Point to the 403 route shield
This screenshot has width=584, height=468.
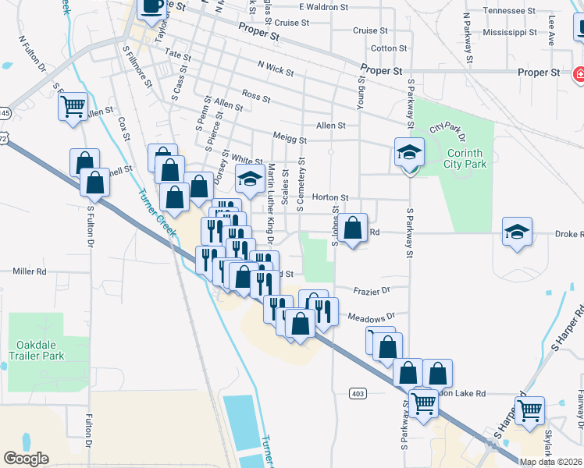[x=358, y=393]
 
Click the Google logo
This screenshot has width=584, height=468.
[x=26, y=458]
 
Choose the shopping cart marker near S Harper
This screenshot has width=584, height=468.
[x=530, y=409]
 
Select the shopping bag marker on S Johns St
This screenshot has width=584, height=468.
[x=353, y=229]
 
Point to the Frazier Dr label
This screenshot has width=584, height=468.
[x=370, y=290]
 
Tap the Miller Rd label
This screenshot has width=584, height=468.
[x=30, y=271]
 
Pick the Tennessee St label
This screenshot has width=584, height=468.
[x=511, y=11]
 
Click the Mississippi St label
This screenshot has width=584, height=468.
[x=510, y=33]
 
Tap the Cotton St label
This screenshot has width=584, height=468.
[x=385, y=48]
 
